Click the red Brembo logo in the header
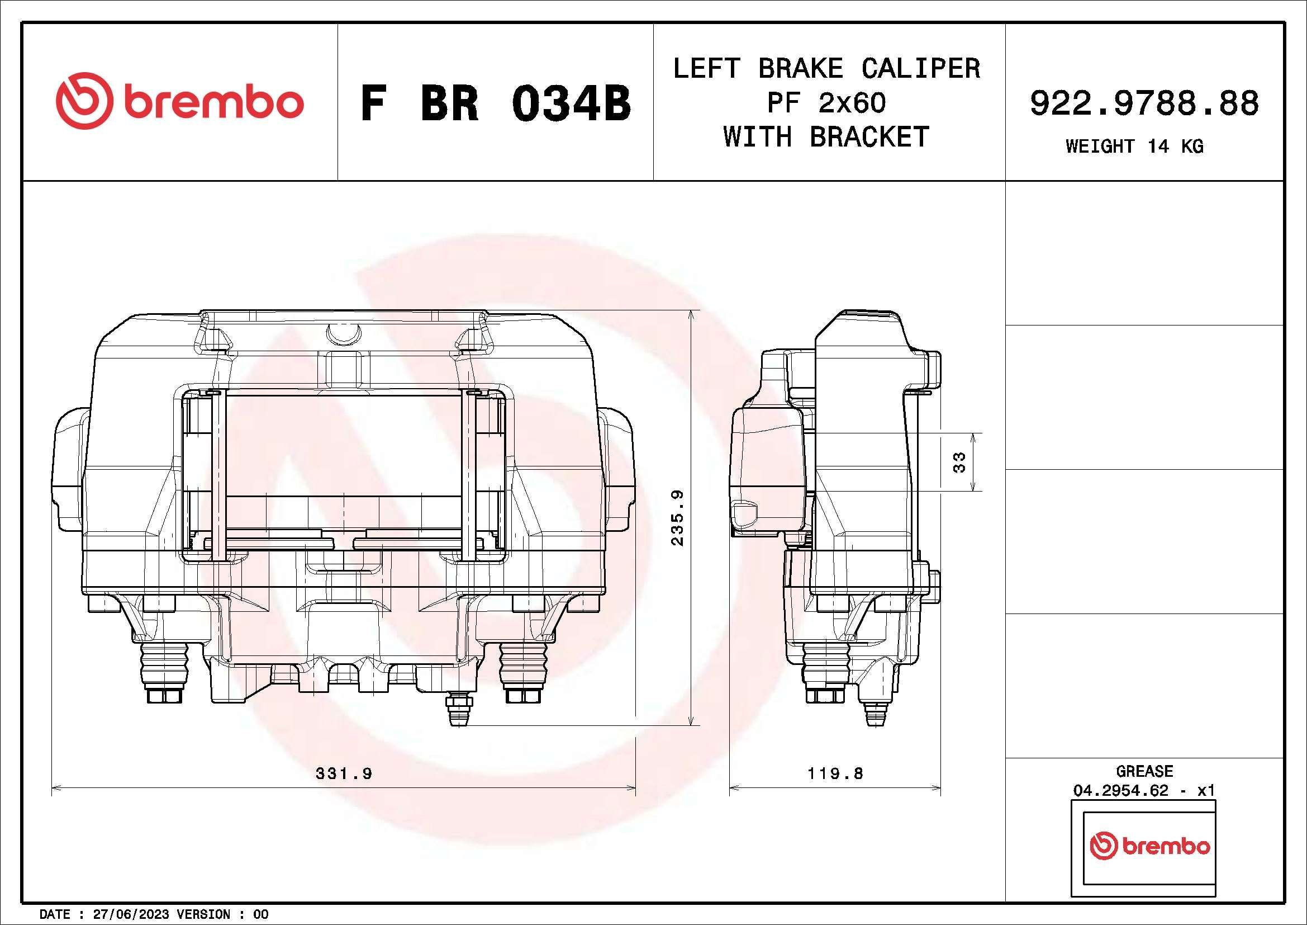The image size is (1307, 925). pos(179,101)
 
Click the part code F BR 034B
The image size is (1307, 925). pos(495,103)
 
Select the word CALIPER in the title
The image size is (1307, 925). pos(920,68)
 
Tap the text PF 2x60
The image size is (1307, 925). pos(826,103)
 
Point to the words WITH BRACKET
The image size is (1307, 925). pos(826,137)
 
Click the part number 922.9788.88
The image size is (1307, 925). pos(1144,103)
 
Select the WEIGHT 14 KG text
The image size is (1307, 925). pos(1134,147)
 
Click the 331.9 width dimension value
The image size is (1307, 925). pos(344,773)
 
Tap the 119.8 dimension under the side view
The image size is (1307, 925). pos(835,773)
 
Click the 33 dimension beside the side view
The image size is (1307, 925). pos(959,461)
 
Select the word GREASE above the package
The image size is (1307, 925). pos(1144,771)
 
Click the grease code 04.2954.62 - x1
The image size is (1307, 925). pos(1144,791)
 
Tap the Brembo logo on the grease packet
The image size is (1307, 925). pos(1149,846)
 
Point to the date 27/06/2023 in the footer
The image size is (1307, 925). pos(130,914)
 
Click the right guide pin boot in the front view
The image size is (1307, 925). pos(524,667)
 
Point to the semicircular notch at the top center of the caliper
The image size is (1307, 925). pos(343,334)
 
